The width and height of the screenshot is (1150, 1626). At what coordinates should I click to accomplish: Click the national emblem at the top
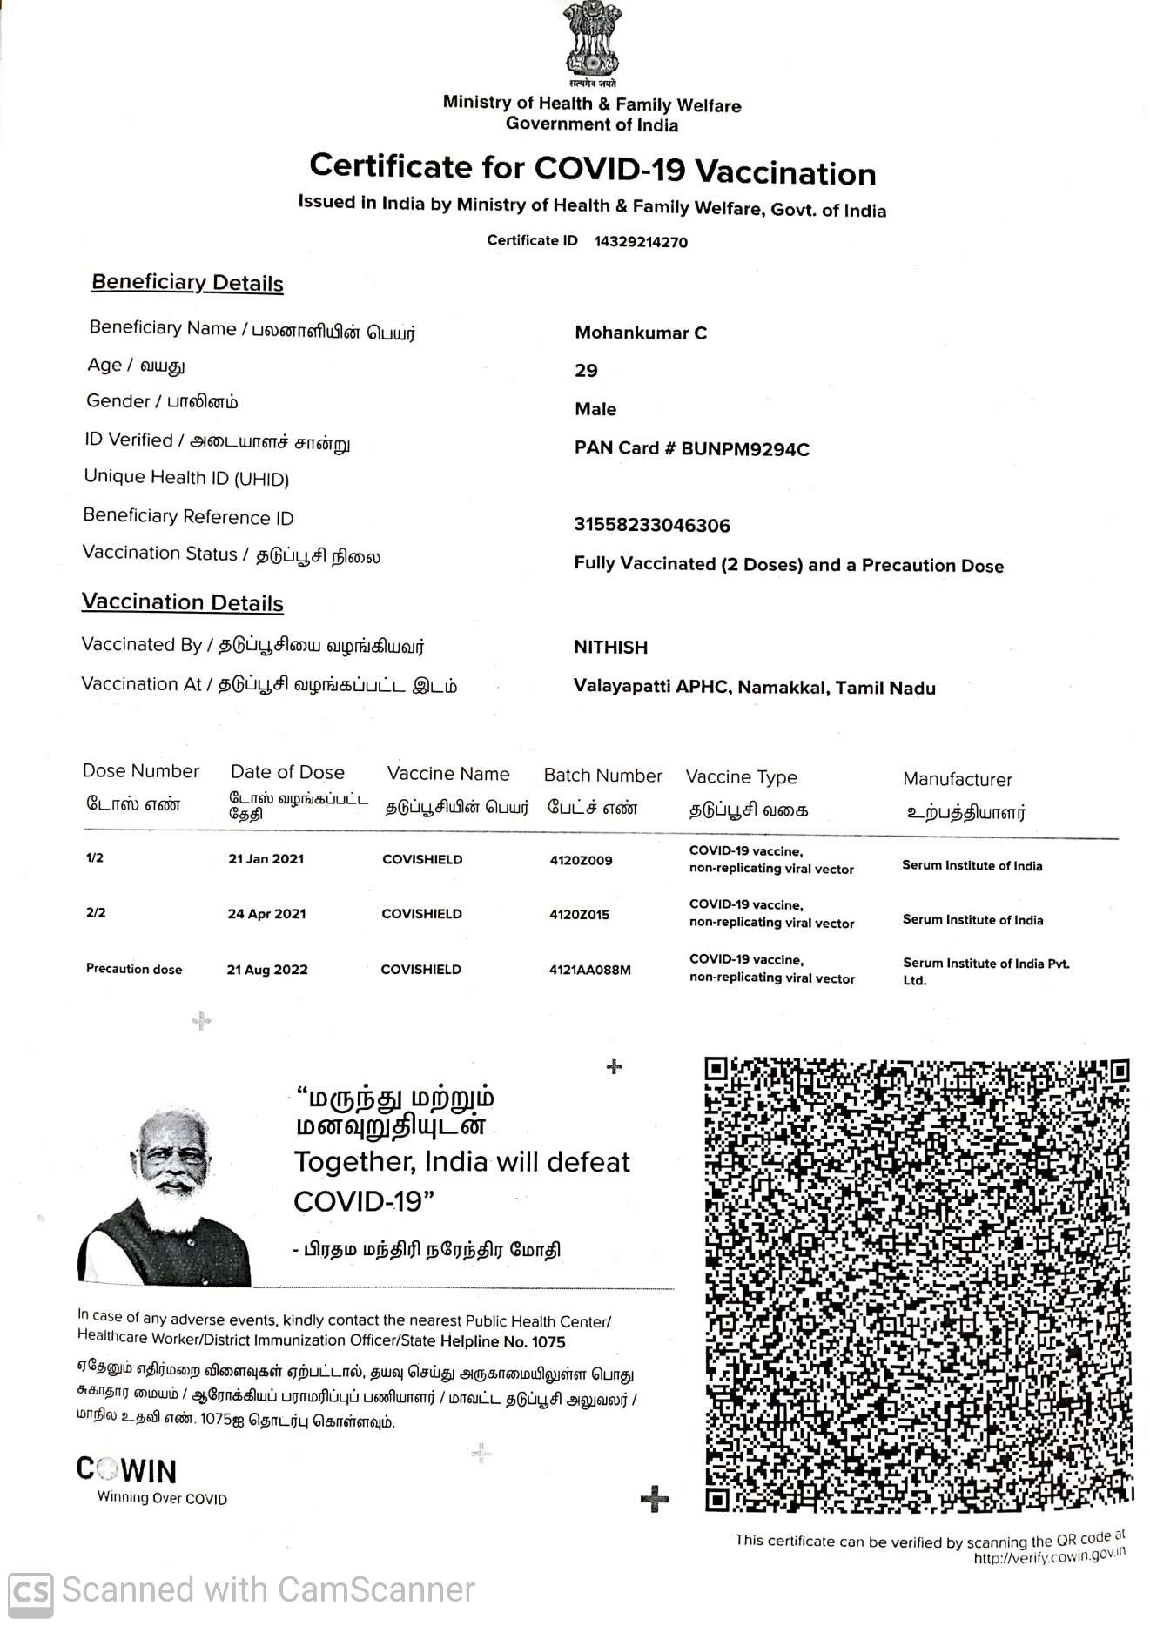(x=592, y=40)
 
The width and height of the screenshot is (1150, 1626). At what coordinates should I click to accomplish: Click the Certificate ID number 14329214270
(x=641, y=242)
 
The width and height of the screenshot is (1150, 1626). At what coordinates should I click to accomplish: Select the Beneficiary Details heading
(x=187, y=283)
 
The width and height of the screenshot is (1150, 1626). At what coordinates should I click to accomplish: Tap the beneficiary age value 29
(x=586, y=371)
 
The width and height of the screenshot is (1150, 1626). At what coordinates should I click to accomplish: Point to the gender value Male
(x=595, y=409)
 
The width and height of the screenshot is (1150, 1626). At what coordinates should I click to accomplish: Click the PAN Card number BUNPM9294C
(x=744, y=449)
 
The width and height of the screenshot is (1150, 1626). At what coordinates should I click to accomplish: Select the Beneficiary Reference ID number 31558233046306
(x=652, y=525)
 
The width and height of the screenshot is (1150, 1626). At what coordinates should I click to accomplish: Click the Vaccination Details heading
(x=183, y=602)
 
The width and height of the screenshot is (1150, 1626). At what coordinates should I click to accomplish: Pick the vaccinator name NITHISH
(x=610, y=648)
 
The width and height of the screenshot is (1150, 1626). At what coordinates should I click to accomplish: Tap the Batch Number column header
(x=602, y=776)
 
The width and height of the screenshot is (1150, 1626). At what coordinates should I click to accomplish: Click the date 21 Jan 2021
(x=266, y=859)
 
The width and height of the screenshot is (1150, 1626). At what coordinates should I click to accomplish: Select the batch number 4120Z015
(x=579, y=915)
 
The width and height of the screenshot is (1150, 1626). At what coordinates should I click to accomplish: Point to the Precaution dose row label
(x=134, y=969)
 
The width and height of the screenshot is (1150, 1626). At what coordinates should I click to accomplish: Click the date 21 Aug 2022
(x=267, y=970)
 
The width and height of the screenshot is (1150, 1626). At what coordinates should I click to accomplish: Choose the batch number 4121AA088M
(x=589, y=970)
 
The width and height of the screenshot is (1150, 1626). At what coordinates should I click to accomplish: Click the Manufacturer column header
(x=957, y=780)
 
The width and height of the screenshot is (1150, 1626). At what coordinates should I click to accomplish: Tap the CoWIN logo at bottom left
(x=127, y=1470)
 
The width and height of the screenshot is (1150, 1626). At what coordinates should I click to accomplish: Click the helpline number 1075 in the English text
(x=548, y=1342)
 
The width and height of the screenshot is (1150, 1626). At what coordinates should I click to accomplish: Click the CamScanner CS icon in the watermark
(x=30, y=1591)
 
